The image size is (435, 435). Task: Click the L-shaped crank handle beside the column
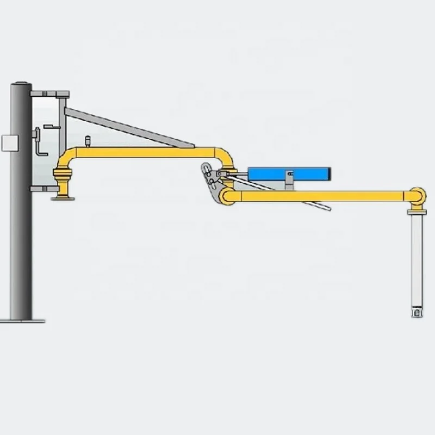38,142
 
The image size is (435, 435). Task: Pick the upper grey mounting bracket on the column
51,94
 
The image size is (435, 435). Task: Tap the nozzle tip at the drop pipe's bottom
417,314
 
